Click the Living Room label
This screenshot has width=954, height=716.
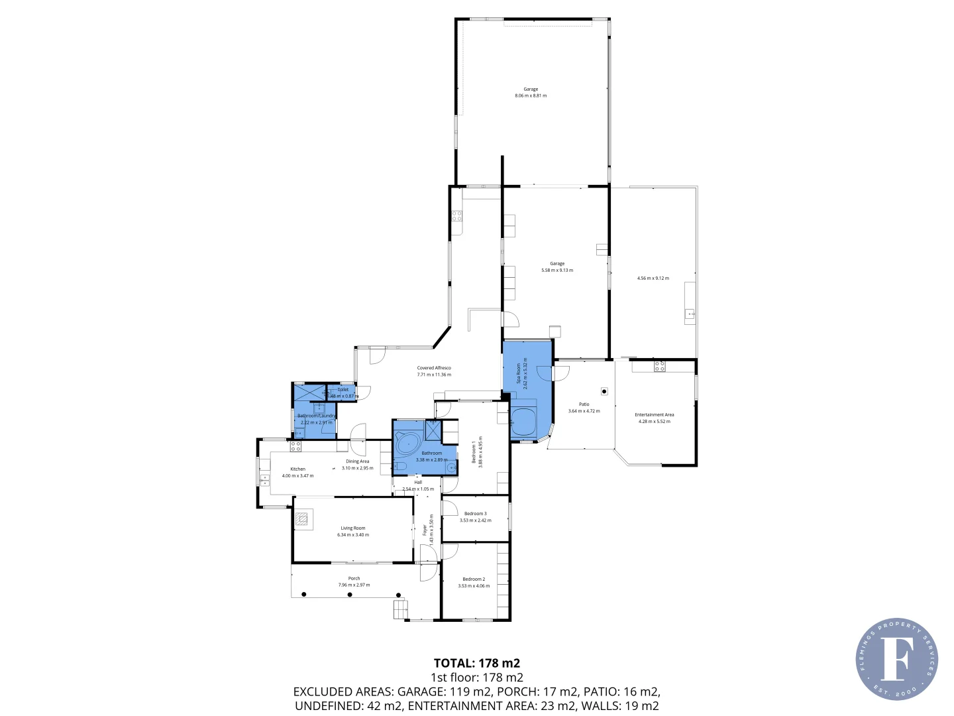point(353,528)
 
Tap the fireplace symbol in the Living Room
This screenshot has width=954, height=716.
point(303,520)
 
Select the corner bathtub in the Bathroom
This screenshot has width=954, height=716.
point(408,443)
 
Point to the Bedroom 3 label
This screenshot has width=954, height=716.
point(475,514)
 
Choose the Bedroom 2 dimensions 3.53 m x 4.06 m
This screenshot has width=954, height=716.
point(474,586)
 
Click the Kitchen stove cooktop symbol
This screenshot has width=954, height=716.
point(295,446)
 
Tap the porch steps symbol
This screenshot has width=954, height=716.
point(399,609)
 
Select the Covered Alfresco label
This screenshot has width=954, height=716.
point(434,368)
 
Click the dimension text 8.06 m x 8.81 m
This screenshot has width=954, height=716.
point(531,95)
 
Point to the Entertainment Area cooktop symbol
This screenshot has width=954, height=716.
point(659,365)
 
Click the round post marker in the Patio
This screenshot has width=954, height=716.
point(604,391)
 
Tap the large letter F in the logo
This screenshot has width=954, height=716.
point(896,658)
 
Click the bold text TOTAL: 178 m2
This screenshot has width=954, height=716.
point(476,663)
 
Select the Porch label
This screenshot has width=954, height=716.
point(354,578)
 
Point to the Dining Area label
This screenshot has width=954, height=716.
point(357,461)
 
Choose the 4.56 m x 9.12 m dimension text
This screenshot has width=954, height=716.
point(653,278)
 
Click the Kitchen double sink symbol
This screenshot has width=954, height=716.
point(264,479)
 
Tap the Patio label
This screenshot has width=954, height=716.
point(584,404)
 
